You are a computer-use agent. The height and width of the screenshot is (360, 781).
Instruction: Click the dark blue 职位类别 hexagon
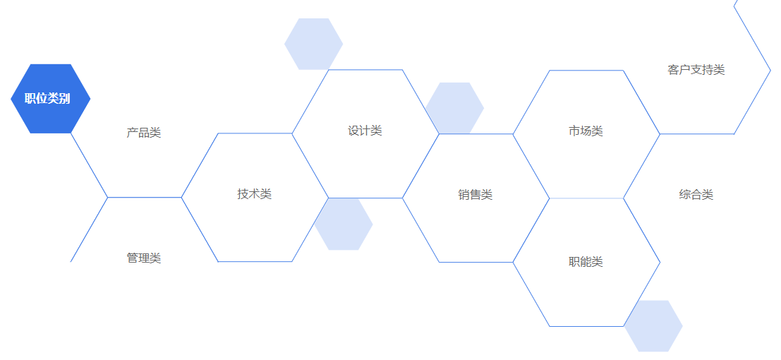(50, 99)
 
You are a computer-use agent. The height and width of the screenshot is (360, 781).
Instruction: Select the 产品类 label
(144, 133)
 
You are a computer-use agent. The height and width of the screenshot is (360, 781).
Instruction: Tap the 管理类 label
(144, 258)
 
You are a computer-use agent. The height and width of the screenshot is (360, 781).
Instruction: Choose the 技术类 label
(255, 194)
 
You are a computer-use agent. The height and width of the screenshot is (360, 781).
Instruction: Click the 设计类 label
(365, 131)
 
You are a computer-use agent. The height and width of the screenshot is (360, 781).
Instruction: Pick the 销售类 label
(476, 194)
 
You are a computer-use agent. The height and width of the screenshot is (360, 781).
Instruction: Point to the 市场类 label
(586, 131)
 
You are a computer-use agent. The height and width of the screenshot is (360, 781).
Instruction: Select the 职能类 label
(586, 261)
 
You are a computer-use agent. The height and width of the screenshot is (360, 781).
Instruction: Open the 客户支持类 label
(696, 70)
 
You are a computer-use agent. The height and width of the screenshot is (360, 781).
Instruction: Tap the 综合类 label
(696, 194)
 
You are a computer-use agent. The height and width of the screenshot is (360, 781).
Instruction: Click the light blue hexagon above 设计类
(314, 44)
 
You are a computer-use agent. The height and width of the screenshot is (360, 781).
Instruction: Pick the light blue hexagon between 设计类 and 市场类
(455, 108)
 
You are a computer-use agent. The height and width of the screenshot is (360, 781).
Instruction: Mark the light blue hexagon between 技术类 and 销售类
(344, 224)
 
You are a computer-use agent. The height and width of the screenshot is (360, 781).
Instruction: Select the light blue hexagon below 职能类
(653, 326)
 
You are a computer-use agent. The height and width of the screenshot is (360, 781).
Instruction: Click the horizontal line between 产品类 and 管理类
(145, 198)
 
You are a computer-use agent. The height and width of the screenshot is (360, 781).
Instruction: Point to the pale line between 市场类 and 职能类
(587, 198)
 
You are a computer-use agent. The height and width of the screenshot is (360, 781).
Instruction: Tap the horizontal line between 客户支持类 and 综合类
(697, 133)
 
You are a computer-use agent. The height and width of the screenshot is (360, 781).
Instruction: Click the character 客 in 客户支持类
(674, 70)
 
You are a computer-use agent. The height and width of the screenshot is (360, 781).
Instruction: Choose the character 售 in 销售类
(476, 194)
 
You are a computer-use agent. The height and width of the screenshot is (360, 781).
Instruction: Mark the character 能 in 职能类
(586, 261)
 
